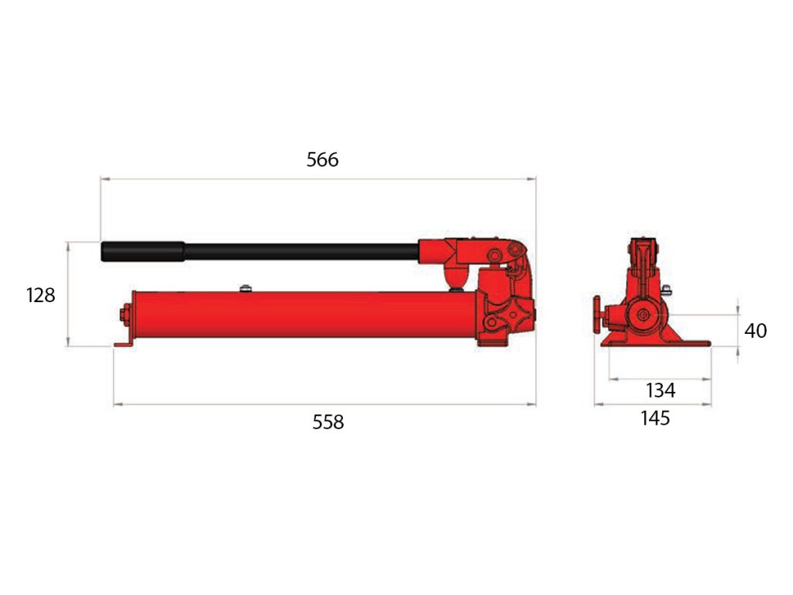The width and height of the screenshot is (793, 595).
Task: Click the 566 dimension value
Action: (x=322, y=160)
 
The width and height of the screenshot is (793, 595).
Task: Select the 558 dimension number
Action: (x=328, y=422)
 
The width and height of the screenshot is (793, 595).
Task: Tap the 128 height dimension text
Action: (x=40, y=295)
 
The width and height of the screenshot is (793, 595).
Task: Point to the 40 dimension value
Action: (x=755, y=331)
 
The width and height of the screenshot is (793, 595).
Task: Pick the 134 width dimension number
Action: (x=661, y=390)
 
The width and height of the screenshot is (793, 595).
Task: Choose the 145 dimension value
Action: (x=655, y=418)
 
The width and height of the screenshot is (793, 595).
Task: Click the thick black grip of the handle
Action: (x=142, y=252)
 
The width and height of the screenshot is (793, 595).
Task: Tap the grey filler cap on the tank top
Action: (x=245, y=288)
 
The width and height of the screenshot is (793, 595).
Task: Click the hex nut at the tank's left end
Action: (x=125, y=315)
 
